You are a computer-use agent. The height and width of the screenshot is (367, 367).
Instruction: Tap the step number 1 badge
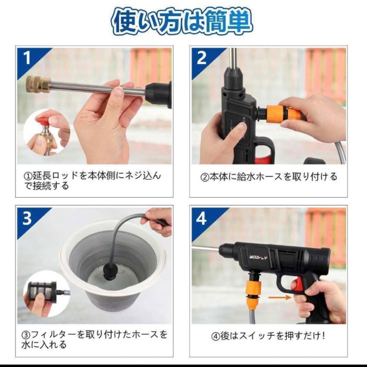point(28,58)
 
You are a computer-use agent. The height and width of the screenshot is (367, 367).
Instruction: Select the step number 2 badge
point(202,58)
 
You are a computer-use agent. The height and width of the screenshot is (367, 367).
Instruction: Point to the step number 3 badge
point(28,219)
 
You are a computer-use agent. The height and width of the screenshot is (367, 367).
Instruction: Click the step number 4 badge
point(202,219)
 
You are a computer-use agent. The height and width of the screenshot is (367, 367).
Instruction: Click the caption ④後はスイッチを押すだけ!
point(268,336)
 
